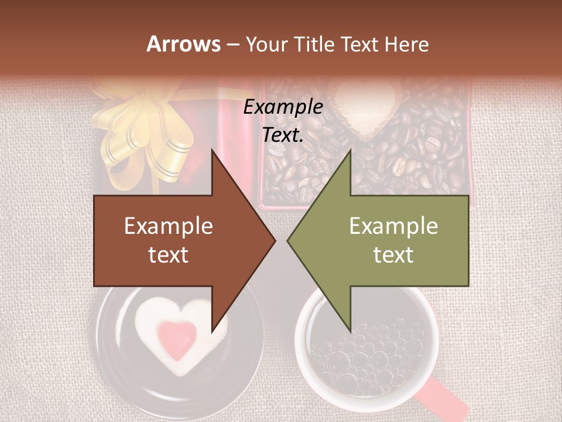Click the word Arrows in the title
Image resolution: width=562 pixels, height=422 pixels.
[x=183, y=44]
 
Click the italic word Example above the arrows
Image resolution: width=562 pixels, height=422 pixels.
[x=283, y=107]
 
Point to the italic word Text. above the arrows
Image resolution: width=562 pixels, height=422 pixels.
[x=283, y=135]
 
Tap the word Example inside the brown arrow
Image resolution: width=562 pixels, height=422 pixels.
[x=169, y=226]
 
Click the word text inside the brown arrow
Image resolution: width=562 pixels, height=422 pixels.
[x=169, y=255]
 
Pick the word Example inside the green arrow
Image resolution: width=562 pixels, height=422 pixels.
[x=393, y=226]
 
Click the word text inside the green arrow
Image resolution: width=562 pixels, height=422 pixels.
[x=393, y=255]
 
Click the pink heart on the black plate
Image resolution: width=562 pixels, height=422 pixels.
[x=177, y=338]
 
